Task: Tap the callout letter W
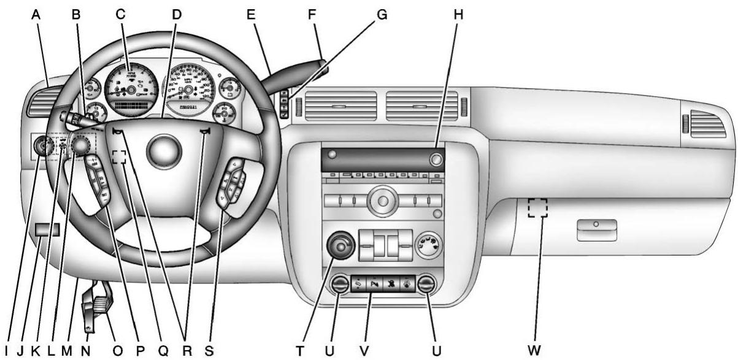pyautogui.click(x=535, y=350)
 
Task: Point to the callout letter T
pyautogui.click(x=299, y=350)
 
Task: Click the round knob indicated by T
pyautogui.click(x=337, y=246)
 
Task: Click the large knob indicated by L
pyautogui.click(x=80, y=145)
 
